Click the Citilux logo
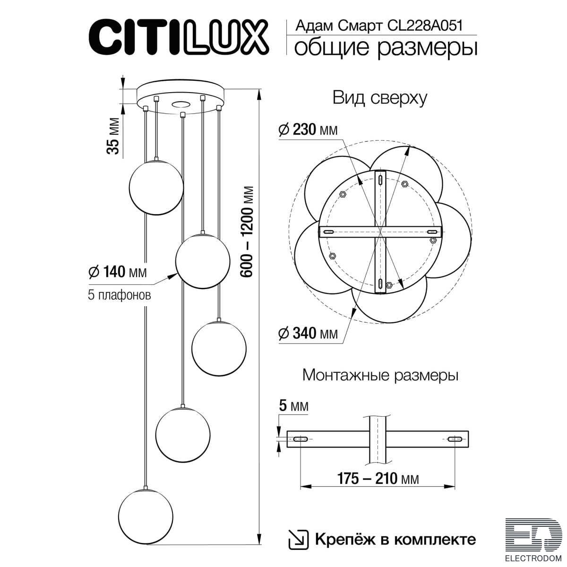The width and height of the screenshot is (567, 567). (x=179, y=37)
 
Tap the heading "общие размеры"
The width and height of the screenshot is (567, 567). (x=386, y=47)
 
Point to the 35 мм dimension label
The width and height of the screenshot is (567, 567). (x=113, y=136)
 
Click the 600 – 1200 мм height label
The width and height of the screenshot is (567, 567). (x=247, y=231)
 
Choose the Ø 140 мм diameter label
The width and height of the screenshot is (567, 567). (x=117, y=272)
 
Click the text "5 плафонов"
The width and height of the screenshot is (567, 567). (x=119, y=295)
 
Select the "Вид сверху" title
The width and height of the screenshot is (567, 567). (x=379, y=98)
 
